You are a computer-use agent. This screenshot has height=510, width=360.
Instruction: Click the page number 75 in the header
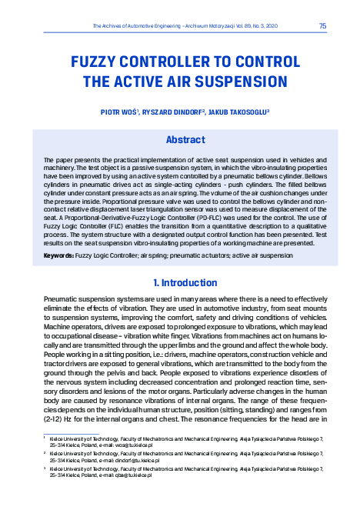(x=322, y=25)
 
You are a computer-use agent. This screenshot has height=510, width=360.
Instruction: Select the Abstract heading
(x=185, y=140)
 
